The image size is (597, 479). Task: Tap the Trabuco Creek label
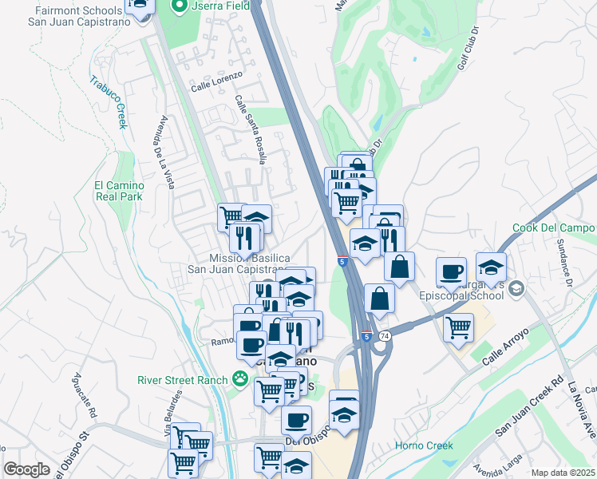[x=109, y=102]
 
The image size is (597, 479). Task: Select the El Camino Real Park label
[x=118, y=190]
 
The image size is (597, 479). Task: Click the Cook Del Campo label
[x=554, y=228]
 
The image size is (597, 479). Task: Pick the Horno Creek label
[x=425, y=445]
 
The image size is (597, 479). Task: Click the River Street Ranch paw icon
[x=239, y=379]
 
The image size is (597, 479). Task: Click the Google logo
[x=26, y=469]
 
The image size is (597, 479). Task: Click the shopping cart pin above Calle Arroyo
[x=458, y=326]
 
